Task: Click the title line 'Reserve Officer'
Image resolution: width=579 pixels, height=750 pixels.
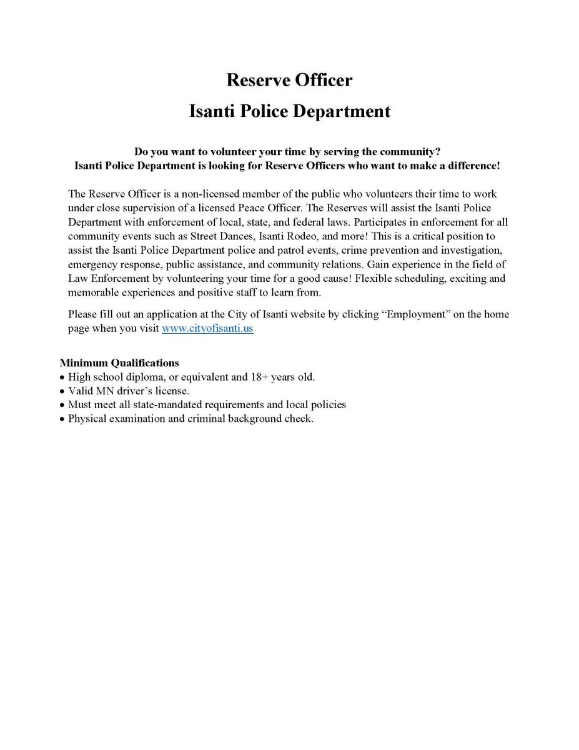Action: pyautogui.click(x=289, y=80)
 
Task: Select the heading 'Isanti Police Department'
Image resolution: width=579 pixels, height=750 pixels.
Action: pyautogui.click(x=289, y=111)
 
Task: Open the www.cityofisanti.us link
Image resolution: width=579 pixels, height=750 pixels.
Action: pyautogui.click(x=207, y=328)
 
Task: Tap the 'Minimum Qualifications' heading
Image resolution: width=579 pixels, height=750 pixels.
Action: pyautogui.click(x=119, y=362)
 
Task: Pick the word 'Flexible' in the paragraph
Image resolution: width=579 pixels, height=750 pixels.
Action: pyautogui.click(x=374, y=278)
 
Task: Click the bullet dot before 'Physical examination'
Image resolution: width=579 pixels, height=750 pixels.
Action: pyautogui.click(x=62, y=419)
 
